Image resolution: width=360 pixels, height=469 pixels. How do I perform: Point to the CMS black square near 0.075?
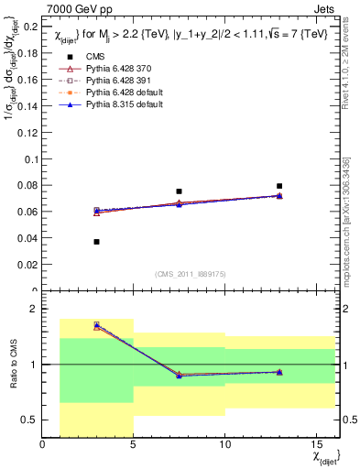click(x=180, y=191)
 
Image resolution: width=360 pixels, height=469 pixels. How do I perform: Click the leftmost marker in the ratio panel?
click(x=97, y=325)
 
